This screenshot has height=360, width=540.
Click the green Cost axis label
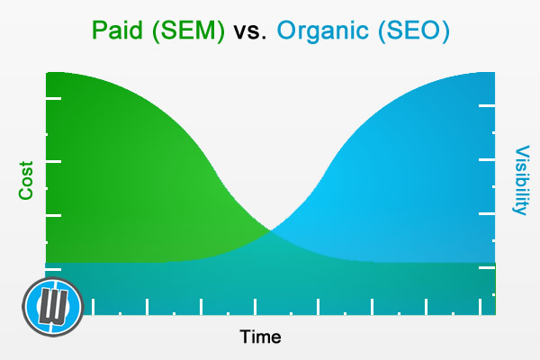25,180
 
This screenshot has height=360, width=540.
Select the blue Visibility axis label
520,180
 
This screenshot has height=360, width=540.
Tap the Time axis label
260,337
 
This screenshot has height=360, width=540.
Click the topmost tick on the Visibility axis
487,106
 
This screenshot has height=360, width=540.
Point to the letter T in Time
245,337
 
